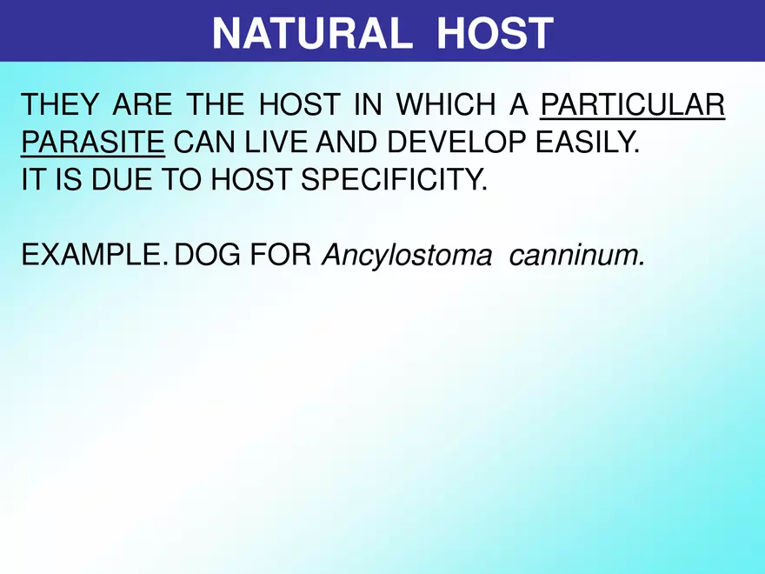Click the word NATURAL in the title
pos(312,33)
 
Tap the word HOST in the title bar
pos(495,33)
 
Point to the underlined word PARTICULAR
pos(633,105)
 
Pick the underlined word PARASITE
pos(92,143)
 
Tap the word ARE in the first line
pos(143,105)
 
